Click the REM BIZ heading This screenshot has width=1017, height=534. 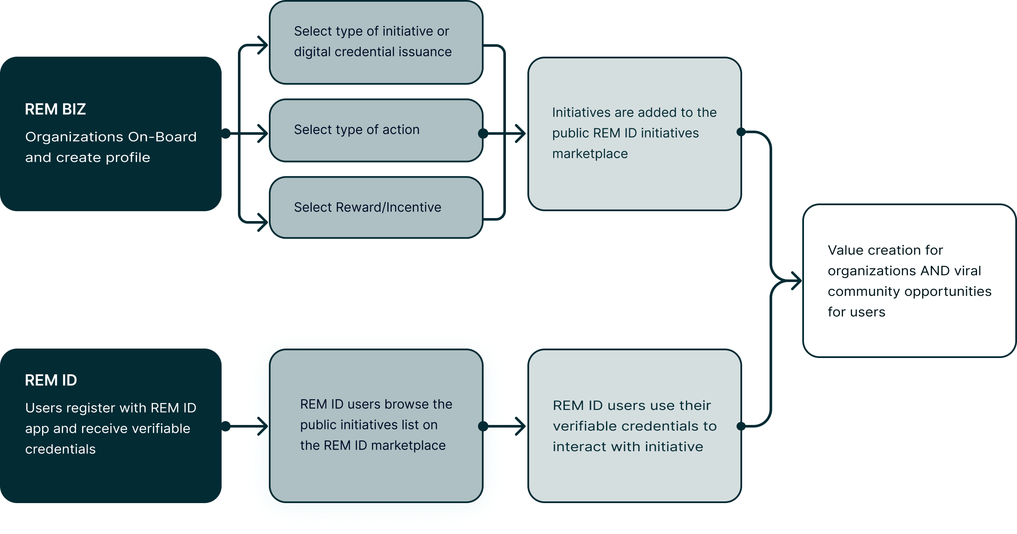(55, 109)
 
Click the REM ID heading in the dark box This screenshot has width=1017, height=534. (51, 380)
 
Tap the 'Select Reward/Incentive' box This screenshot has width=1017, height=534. (376, 208)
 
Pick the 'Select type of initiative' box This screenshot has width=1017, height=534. (376, 42)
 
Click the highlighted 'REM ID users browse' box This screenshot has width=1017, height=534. (376, 425)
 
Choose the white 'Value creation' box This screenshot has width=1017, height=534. (909, 281)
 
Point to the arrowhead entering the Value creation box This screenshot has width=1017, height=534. (797, 281)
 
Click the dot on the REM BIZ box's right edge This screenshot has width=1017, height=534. (226, 133)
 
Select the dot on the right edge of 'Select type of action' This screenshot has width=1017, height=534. (483, 133)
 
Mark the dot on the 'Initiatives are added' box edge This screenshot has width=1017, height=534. (741, 132)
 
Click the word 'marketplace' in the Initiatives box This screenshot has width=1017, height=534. (590, 154)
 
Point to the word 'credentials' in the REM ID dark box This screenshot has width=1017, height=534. (60, 449)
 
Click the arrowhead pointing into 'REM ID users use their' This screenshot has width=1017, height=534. (521, 426)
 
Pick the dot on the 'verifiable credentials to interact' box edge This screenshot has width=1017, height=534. (741, 426)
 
